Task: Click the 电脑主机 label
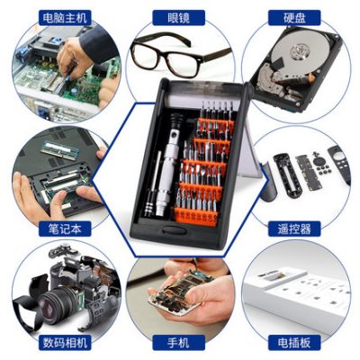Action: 65,18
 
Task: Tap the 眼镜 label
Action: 179,18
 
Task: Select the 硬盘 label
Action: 294,18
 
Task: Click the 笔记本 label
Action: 65,229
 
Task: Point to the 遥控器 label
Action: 294,229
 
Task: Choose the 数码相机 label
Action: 65,342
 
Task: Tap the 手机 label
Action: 179,342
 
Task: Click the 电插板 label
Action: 294,342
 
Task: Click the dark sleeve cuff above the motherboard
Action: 96,44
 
